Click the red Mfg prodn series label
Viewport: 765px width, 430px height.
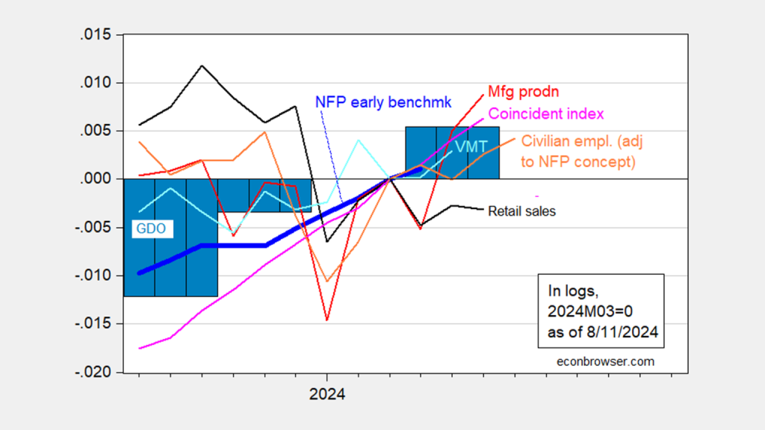coord(524,92)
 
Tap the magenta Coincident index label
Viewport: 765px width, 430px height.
coord(545,114)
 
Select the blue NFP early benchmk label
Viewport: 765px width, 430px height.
coord(381,102)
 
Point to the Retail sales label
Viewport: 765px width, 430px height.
coord(521,211)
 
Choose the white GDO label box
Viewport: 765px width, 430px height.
coord(150,228)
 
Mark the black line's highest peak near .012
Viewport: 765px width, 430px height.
coord(202,66)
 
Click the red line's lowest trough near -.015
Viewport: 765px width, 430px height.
coord(326,320)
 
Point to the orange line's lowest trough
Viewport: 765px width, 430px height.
coord(326,281)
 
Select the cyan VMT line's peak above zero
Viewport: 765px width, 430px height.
coord(358,140)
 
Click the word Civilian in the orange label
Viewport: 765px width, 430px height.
coord(545,140)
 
